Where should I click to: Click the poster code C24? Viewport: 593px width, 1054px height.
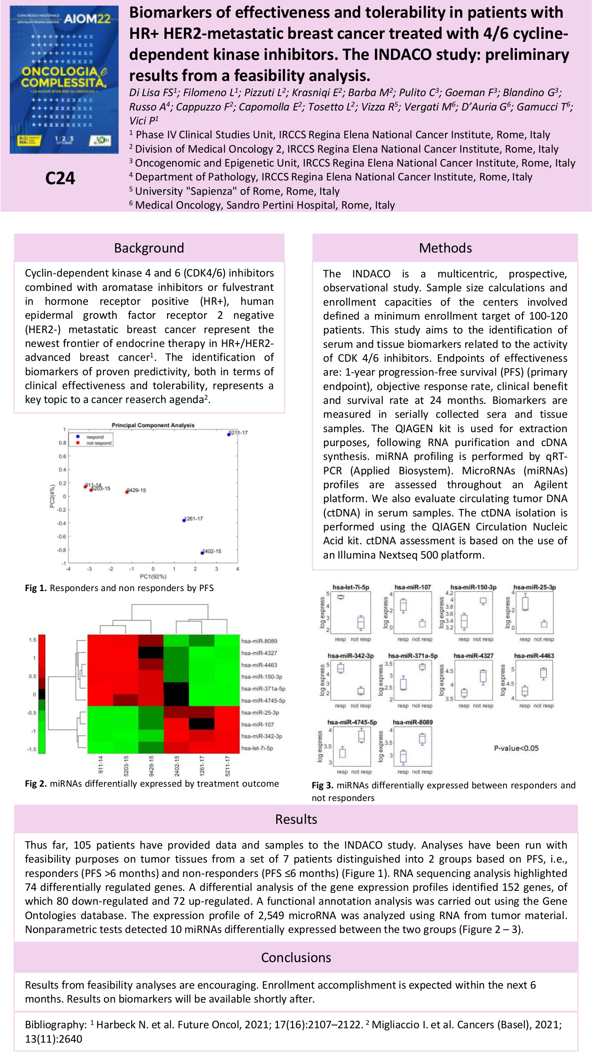tap(60, 178)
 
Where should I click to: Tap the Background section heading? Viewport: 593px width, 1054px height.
tap(149, 248)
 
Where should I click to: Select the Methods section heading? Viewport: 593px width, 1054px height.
tap(445, 248)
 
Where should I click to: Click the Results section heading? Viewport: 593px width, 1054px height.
tap(296, 819)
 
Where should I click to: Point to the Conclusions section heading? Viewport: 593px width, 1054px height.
tap(296, 957)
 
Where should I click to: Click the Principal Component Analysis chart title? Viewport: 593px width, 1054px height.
tap(153, 425)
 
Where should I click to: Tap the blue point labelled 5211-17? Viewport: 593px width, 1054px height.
tap(229, 434)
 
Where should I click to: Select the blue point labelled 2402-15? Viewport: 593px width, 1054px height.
tap(202, 553)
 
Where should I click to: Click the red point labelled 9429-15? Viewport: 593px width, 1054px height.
tap(127, 492)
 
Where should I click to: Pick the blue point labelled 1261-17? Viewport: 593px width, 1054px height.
tap(184, 520)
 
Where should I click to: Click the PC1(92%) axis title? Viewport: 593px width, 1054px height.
tap(153, 576)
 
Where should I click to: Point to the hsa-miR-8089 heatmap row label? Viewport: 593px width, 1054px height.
tap(259, 641)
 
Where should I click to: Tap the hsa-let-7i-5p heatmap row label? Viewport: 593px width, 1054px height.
tap(257, 748)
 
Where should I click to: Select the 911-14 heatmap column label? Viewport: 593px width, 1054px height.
tap(101, 764)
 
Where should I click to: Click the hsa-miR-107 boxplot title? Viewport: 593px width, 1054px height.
tap(412, 587)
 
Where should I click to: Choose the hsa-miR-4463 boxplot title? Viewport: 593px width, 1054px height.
tap(534, 656)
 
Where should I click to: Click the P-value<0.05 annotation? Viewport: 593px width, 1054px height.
tap(516, 748)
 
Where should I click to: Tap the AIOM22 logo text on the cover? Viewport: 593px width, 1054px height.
tap(87, 19)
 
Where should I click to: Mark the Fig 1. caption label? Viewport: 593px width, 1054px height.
tap(36, 588)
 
